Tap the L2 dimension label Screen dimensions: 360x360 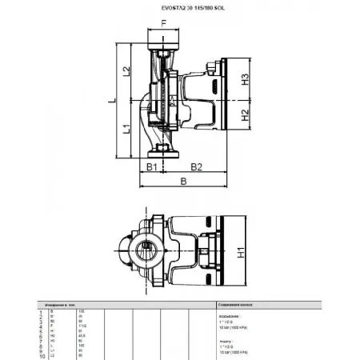point(126,73)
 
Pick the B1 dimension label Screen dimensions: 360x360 point(150,167)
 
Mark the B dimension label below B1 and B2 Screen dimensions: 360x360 point(185,182)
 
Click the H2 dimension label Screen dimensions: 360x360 point(246,117)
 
